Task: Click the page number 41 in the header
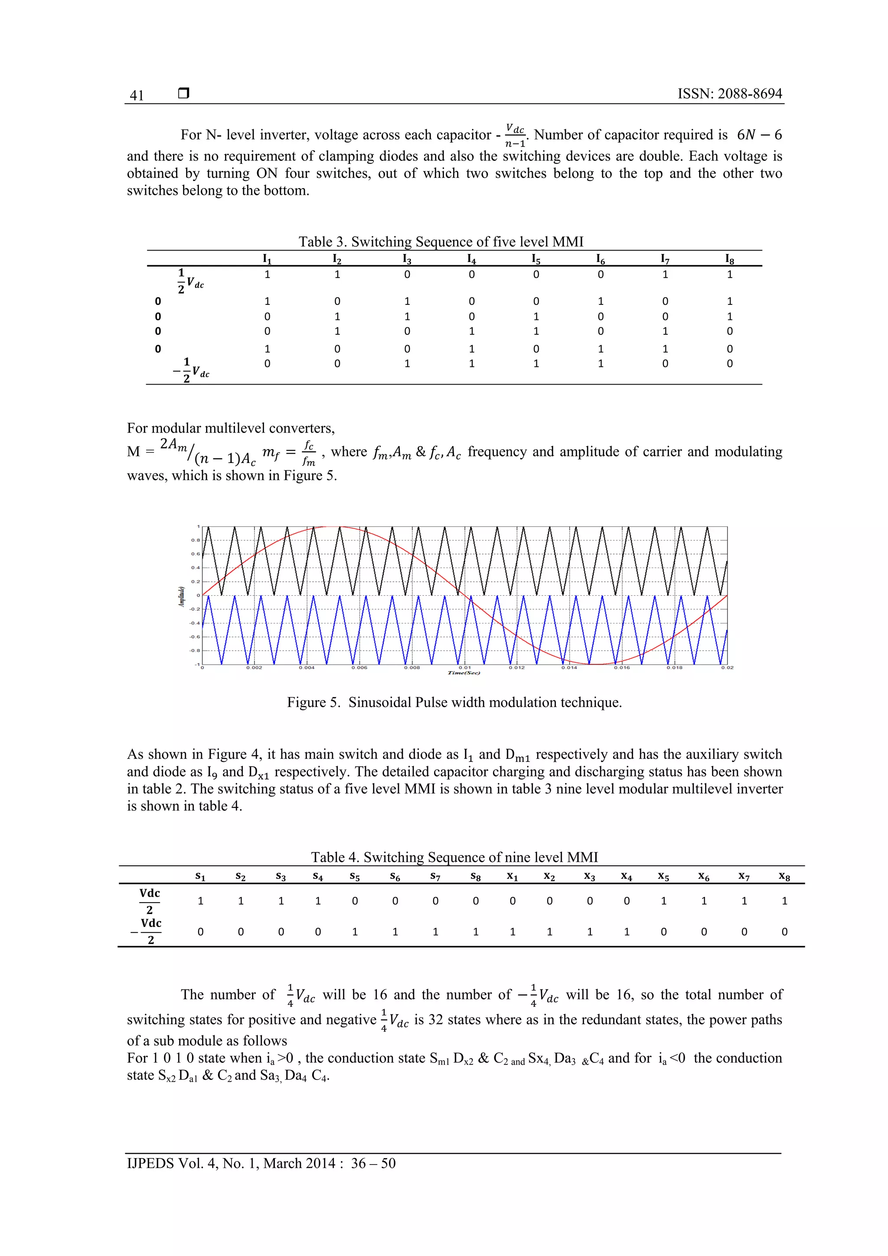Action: coord(137,95)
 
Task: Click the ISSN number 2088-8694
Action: coord(729,94)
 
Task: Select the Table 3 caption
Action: coord(441,242)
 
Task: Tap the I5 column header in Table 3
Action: coord(536,259)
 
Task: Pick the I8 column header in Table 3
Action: coord(729,259)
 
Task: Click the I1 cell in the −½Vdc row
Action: coord(267,364)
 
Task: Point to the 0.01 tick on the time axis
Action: coord(464,667)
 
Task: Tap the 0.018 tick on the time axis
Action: coord(674,667)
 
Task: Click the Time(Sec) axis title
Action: coord(464,673)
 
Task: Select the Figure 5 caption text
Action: coord(454,702)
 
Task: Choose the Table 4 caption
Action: coord(454,857)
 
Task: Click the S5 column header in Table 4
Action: coord(355,877)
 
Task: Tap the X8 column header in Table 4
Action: coord(784,877)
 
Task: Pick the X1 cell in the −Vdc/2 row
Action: coord(512,932)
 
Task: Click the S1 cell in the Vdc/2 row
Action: coord(200,901)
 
